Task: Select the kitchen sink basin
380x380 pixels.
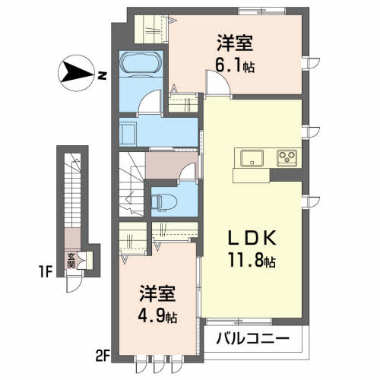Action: coord(252,158)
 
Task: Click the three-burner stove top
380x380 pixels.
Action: coord(287,158)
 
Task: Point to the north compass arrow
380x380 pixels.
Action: coord(75,74)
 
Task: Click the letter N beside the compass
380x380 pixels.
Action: coord(101,74)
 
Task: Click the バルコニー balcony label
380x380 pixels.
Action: coord(249,337)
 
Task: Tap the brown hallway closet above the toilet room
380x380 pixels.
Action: coord(160,164)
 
